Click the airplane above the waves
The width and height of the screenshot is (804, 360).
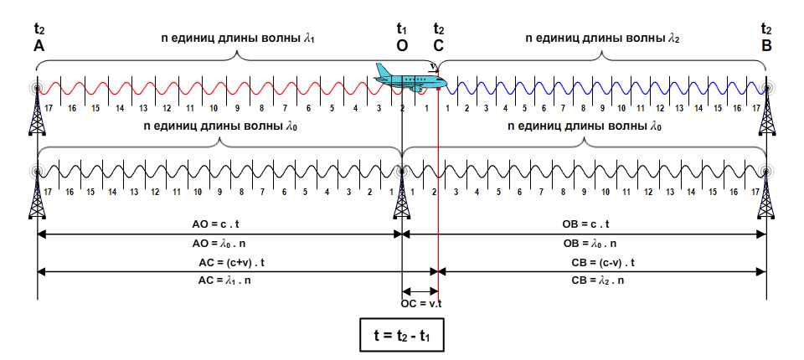pos(410,78)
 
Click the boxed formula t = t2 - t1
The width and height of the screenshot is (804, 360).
pos(401,335)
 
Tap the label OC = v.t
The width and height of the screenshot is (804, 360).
pos(421,303)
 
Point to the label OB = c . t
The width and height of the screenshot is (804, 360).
pos(585,224)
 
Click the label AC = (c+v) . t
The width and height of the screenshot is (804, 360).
pos(231,263)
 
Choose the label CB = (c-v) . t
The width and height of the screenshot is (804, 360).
pos(603,263)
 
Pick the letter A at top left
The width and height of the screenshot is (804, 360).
pos(39,46)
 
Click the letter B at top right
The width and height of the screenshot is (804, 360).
pos(766,46)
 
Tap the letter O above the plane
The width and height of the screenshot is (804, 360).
pos(402,46)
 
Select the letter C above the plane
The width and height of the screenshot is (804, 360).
pos(438,46)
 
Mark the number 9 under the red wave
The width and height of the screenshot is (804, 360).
pos(237,108)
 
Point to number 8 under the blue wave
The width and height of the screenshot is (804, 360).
pos(583,108)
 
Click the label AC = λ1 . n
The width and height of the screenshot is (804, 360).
pos(224,281)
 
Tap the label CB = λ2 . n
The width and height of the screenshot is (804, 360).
pos(597,281)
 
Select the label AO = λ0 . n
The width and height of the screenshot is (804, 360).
pos(217,244)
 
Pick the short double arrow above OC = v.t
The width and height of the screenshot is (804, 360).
pos(420,290)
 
